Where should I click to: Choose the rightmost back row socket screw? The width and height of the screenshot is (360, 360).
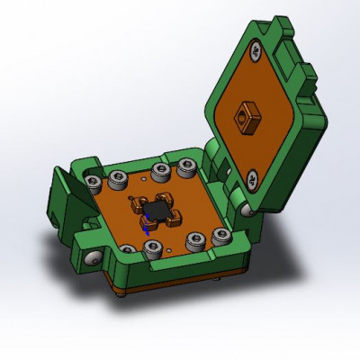click(x=187, y=166)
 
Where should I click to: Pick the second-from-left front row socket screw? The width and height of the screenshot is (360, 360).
click(x=154, y=247)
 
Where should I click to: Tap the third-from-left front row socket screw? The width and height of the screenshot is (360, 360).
click(x=197, y=239)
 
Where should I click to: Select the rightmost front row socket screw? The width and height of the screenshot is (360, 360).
click(x=220, y=236)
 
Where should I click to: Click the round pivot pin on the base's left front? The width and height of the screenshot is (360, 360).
click(x=92, y=259)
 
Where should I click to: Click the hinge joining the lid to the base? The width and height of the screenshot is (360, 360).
click(x=225, y=171)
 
